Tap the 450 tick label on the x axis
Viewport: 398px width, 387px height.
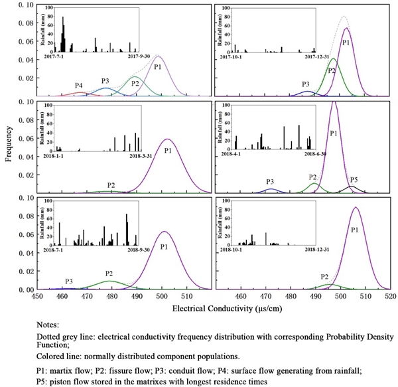pos(37,297)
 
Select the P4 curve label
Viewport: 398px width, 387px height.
pos(79,86)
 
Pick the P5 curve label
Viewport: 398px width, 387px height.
pos(354,179)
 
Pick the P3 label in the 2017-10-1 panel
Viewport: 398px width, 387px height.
pos(306,84)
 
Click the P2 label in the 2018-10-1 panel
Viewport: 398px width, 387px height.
pos(325,277)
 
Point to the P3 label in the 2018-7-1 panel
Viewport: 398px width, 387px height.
pos(69,281)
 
